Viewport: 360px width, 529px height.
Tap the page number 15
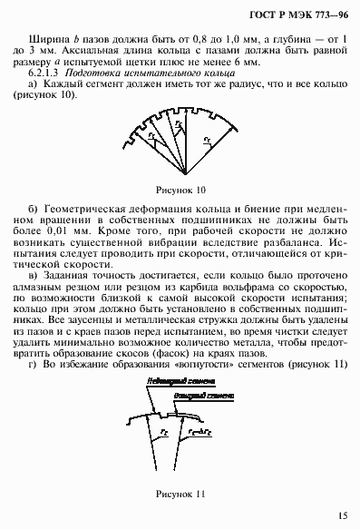[x=340, y=515]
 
